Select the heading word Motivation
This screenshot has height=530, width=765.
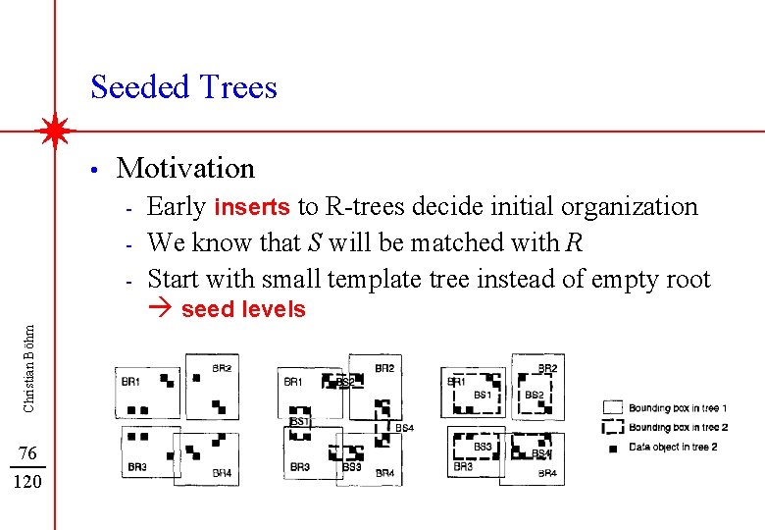pyautogui.click(x=185, y=168)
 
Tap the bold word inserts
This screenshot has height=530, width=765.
pyautogui.click(x=252, y=207)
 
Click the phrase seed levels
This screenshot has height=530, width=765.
pyautogui.click(x=243, y=310)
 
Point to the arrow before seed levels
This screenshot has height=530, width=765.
pyautogui.click(x=161, y=310)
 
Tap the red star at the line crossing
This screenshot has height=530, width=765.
pyautogui.click(x=56, y=130)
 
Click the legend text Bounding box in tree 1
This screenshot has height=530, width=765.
pyautogui.click(x=678, y=407)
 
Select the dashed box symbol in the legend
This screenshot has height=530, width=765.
pyautogui.click(x=613, y=427)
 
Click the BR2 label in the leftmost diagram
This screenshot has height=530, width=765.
pyautogui.click(x=222, y=369)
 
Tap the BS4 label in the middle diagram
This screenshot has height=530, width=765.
pyautogui.click(x=403, y=428)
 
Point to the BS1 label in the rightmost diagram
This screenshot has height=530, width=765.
pyautogui.click(x=482, y=395)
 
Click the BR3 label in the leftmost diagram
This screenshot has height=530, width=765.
pyautogui.click(x=137, y=467)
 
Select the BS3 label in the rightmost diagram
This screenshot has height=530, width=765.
pyautogui.click(x=483, y=448)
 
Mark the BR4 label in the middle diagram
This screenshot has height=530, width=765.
pyautogui.click(x=383, y=473)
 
